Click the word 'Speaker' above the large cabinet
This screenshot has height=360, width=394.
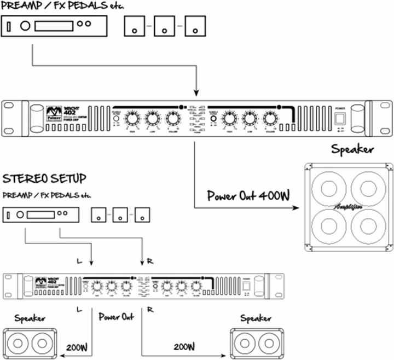tap(353, 149)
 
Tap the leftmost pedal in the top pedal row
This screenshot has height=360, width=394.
tap(135, 26)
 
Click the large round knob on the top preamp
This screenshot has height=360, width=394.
tap(25, 25)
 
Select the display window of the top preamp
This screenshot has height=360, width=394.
tap(54, 25)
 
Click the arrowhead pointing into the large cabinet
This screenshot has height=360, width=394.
tap(296, 208)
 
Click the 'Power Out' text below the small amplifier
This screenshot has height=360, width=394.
tap(117, 317)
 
